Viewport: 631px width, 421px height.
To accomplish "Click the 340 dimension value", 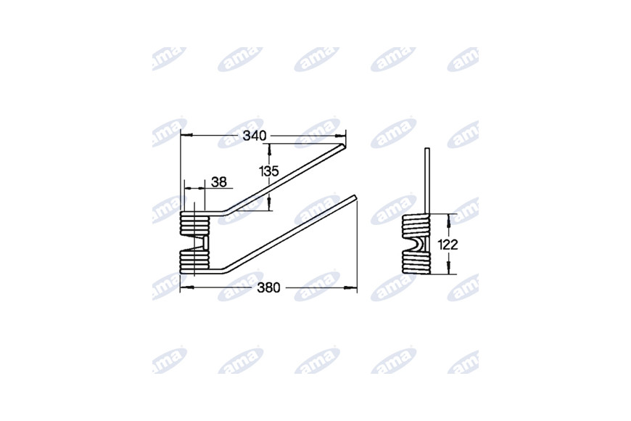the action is pos(255,136).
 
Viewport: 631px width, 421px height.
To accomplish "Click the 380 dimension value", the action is pos(268,287).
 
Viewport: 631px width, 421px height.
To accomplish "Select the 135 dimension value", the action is pos(269,171).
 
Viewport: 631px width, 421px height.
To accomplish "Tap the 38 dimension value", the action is pos(219,182).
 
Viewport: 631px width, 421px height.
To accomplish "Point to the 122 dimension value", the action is pos(448,245).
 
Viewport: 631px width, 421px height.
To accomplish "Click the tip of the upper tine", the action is pos(344,146).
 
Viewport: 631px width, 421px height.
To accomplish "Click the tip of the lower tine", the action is pos(355,197).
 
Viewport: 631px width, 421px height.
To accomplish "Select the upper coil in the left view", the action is pos(195,223).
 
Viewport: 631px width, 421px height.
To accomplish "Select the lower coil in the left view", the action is pos(195,261).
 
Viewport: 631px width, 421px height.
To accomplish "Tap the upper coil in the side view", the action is pos(416,225).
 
